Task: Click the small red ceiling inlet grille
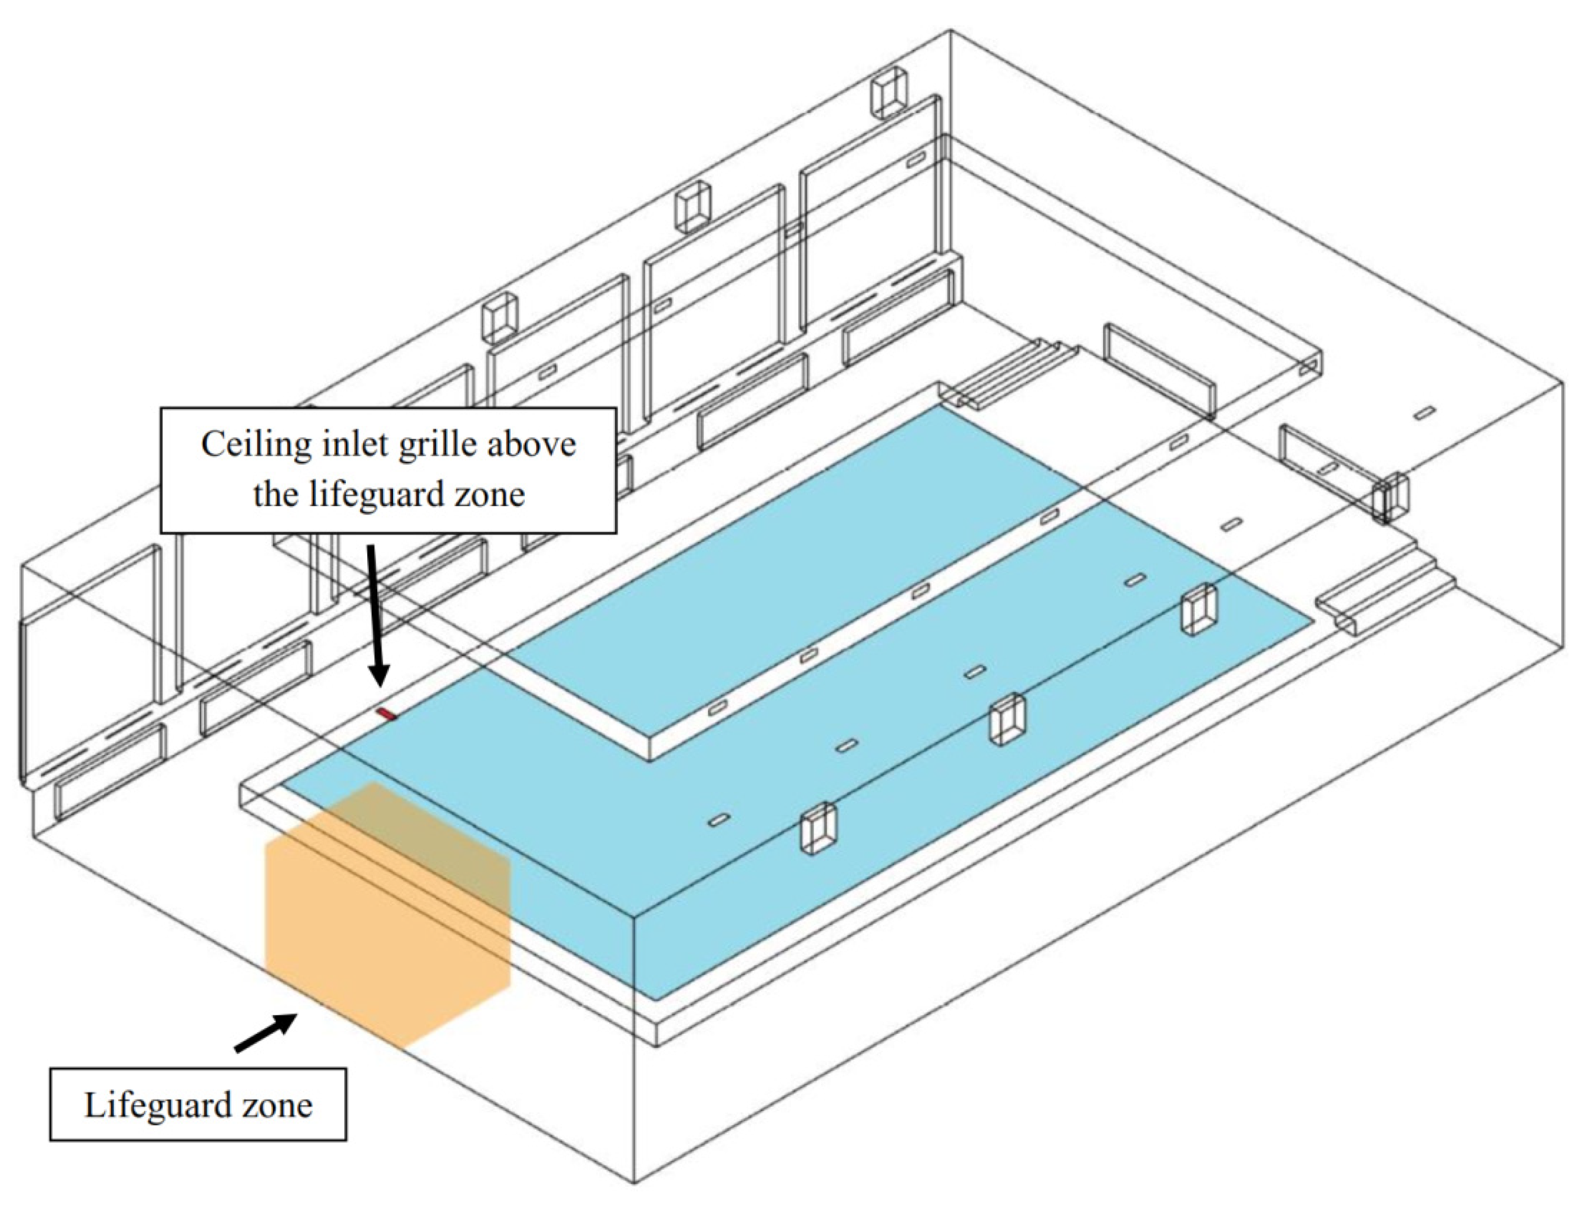386,714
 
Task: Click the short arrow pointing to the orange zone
266,1032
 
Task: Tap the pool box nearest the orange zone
819,827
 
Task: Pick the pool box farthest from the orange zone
1199,609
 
